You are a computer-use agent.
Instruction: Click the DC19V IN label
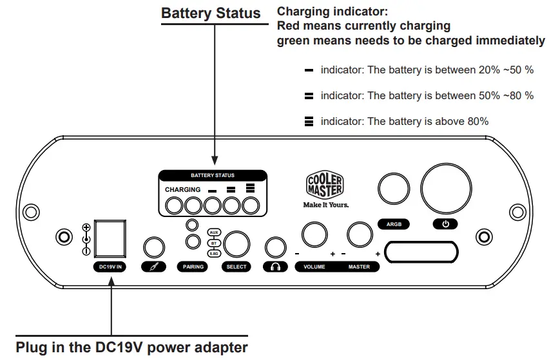pos(110,267)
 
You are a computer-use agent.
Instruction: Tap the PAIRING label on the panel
pos(193,267)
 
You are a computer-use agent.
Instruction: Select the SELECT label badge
pos(236,267)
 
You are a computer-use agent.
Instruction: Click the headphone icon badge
pos(276,267)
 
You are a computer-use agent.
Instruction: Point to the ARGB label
pos(394,224)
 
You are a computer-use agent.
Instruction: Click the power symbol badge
pos(445,224)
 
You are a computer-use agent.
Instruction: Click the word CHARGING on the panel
pos(183,189)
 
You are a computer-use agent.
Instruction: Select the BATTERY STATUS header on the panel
pos(213,175)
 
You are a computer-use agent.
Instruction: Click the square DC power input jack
pos(110,238)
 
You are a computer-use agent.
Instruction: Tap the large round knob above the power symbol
pos(446,189)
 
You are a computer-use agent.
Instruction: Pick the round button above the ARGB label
pos(394,189)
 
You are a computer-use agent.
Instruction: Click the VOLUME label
pos(314,267)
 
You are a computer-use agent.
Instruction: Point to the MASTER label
pos(359,267)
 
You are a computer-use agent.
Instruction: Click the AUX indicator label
pos(214,232)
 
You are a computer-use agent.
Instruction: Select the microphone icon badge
pos(154,267)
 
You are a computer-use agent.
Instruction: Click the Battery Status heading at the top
pos(211,14)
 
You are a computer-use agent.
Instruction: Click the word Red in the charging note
pos(289,26)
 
